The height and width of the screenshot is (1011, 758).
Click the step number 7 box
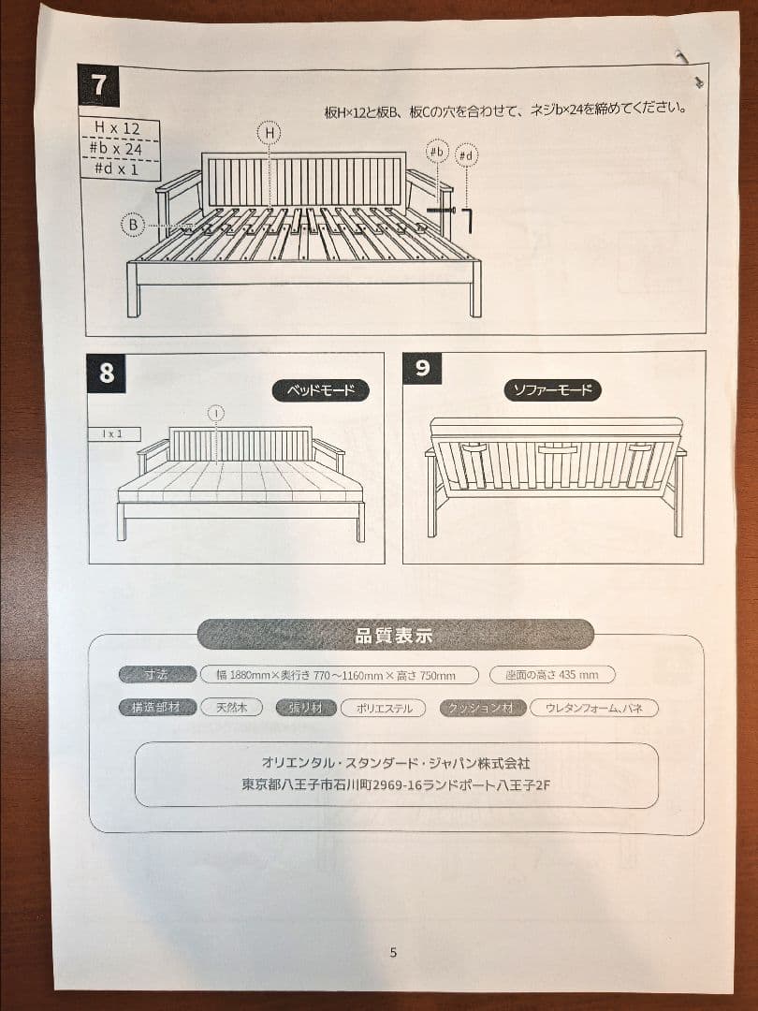[x=99, y=85]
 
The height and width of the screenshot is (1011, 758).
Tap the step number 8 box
[x=107, y=373]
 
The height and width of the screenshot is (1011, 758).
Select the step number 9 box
[x=422, y=369]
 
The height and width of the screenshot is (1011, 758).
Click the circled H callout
[x=270, y=134]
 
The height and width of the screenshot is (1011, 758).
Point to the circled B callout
[x=134, y=225]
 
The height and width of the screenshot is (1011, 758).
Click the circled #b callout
[x=437, y=152]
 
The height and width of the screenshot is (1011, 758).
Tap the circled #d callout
[x=468, y=154]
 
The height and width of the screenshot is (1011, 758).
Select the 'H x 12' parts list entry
[x=119, y=127]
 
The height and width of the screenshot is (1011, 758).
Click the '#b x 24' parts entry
[x=119, y=148]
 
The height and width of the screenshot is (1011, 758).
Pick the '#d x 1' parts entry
[x=119, y=169]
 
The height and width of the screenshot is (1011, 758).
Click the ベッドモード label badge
[x=321, y=390]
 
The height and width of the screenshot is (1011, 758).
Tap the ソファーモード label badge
[x=553, y=390]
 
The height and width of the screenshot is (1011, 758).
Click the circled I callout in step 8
[x=216, y=413]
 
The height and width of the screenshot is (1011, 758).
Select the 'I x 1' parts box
[x=115, y=434]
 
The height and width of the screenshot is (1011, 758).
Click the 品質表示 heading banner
[x=395, y=636]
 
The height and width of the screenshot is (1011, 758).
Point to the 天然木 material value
[x=230, y=708]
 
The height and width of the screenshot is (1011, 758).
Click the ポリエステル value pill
[x=383, y=709]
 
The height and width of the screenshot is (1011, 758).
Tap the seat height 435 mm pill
[x=559, y=675]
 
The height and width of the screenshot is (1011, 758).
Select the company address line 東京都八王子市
[x=395, y=786]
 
